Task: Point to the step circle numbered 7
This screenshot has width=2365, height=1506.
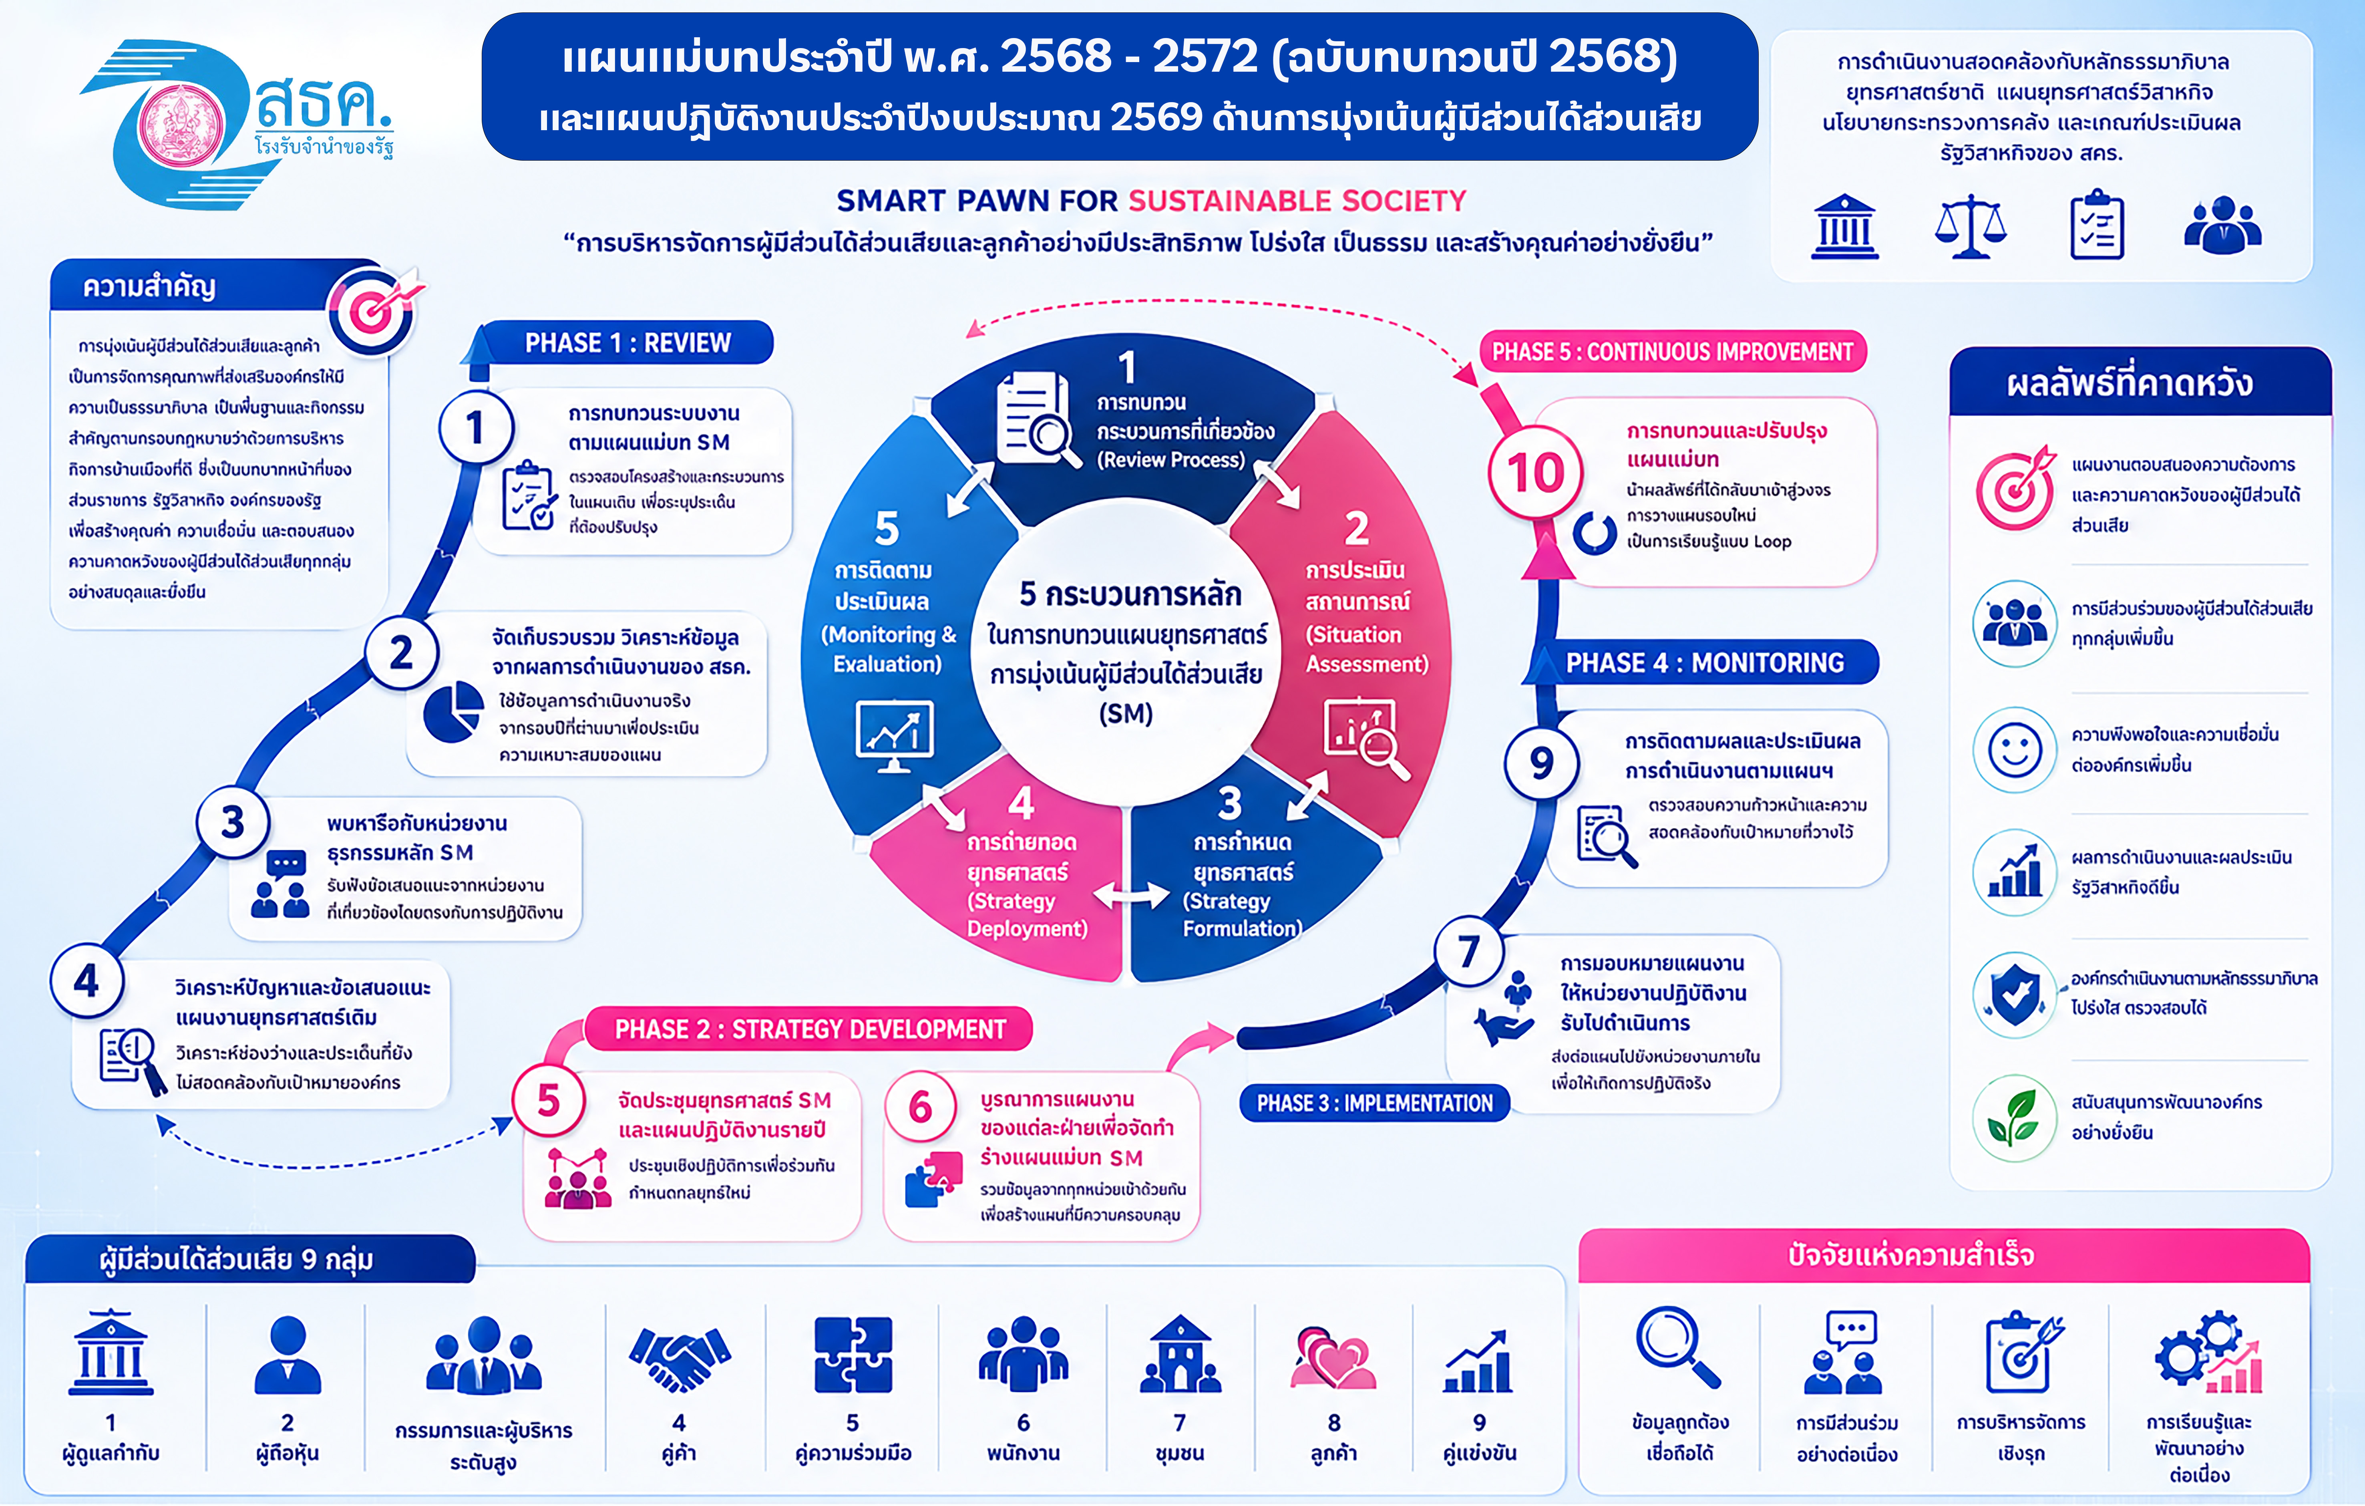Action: click(x=1468, y=951)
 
